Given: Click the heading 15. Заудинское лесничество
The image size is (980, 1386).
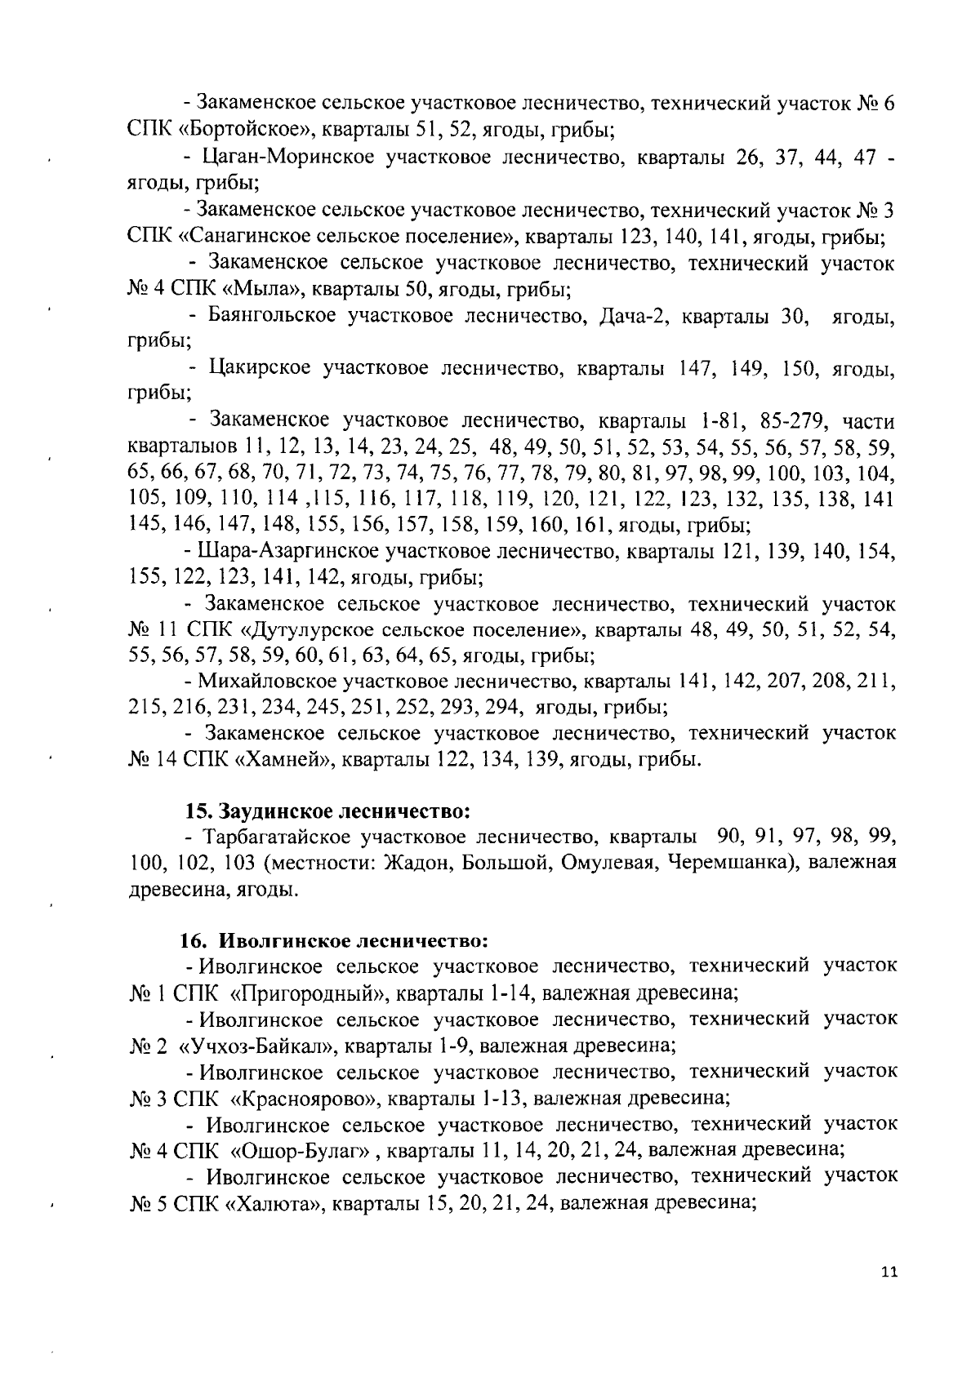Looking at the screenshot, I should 328,811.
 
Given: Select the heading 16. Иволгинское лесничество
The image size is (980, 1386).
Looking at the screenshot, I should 335,940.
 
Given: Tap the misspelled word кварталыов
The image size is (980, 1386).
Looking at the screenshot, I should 184,448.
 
